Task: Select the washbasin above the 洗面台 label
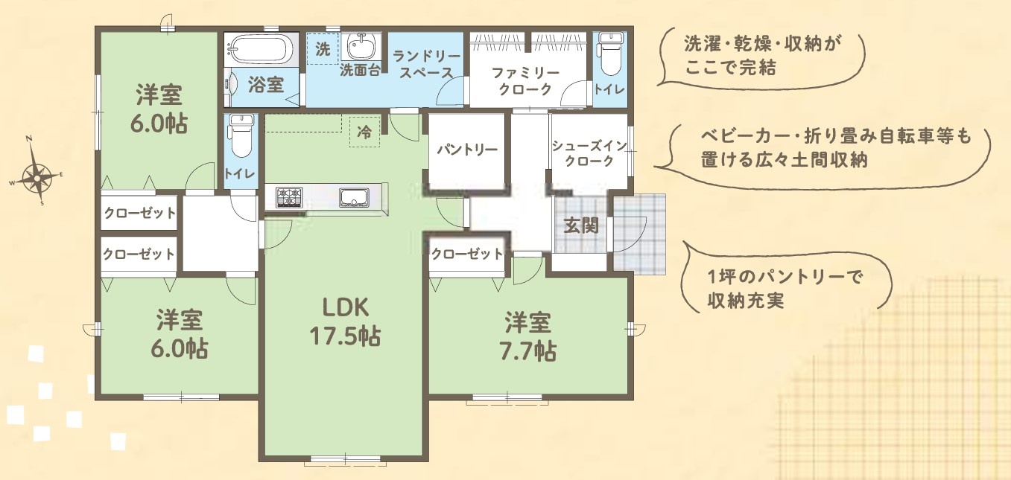(x=361, y=46)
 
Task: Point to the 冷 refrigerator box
(x=364, y=132)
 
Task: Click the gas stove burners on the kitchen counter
(x=289, y=197)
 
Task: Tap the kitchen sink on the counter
(x=355, y=197)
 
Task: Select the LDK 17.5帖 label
(x=345, y=321)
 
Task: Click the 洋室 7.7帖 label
(x=527, y=336)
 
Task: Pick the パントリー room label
(x=466, y=150)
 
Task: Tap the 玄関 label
(x=581, y=225)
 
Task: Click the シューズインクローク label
(x=589, y=153)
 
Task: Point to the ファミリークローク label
(x=526, y=81)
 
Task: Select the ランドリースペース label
(x=426, y=65)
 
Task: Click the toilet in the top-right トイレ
(x=609, y=54)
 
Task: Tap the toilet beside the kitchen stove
(x=241, y=135)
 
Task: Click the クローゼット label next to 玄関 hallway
(x=466, y=255)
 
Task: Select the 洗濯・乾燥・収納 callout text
(x=762, y=55)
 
